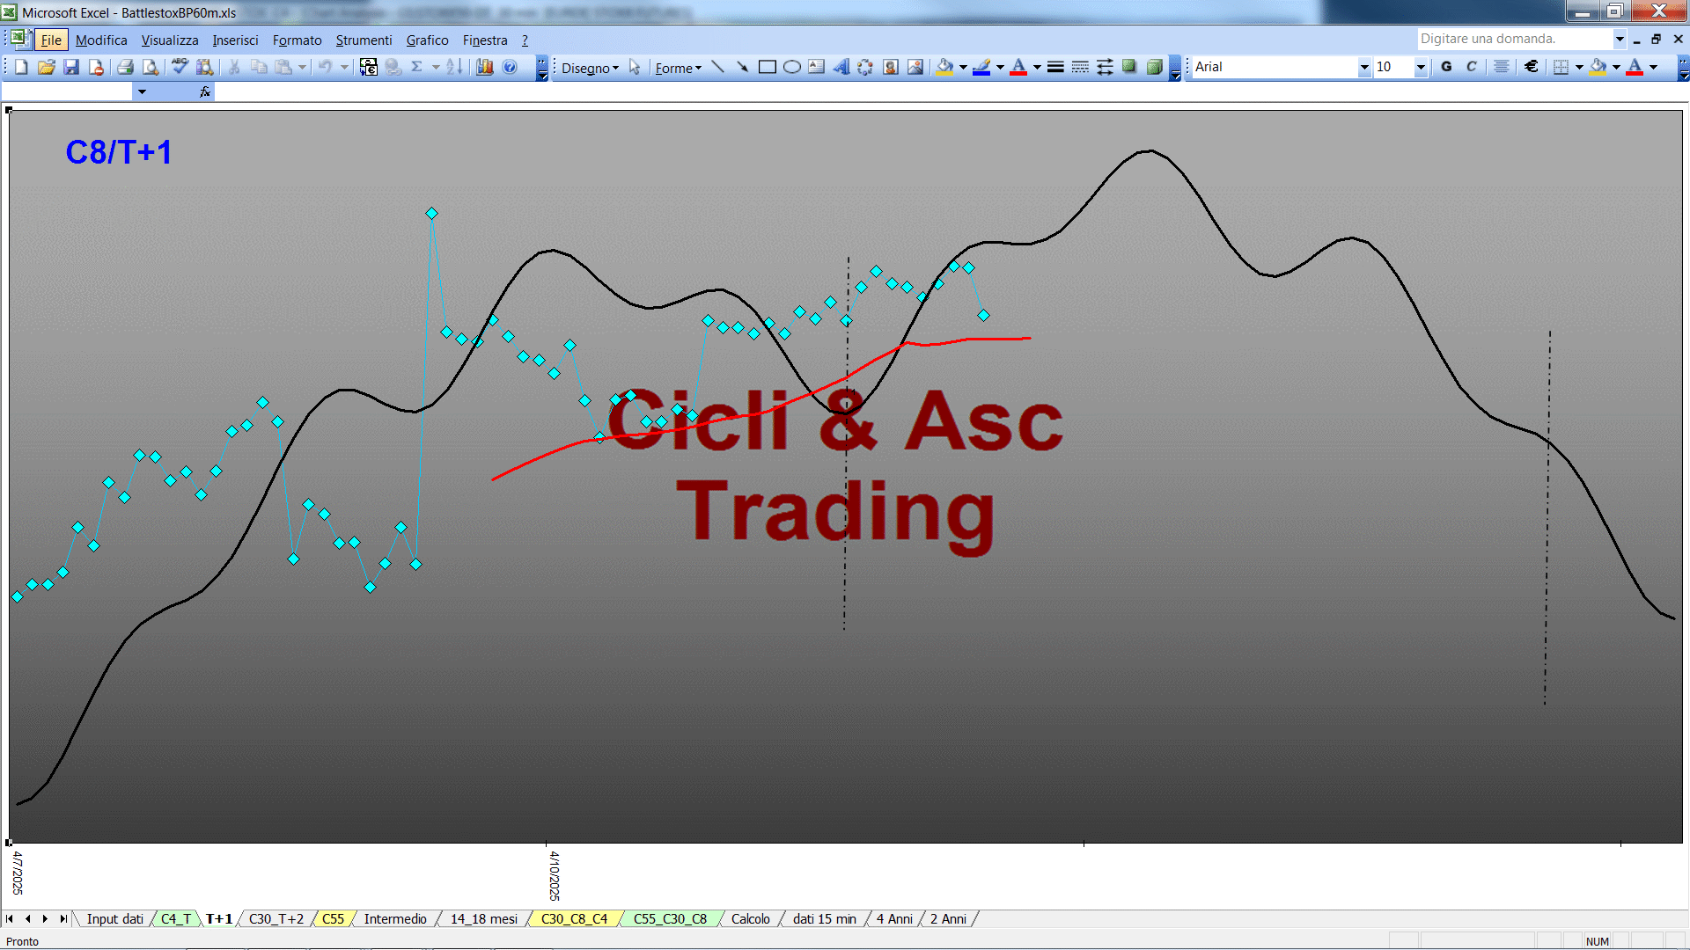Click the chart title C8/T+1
click(x=119, y=152)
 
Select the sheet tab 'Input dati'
click(x=114, y=919)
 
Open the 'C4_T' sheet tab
click(x=176, y=919)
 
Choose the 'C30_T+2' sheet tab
click(x=276, y=919)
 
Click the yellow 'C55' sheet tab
click(x=333, y=919)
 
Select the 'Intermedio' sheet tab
click(x=395, y=919)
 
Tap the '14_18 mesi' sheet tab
click(x=484, y=919)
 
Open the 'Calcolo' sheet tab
click(x=751, y=919)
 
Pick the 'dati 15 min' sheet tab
click(x=825, y=919)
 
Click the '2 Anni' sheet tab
click(x=948, y=919)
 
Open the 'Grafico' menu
click(x=427, y=40)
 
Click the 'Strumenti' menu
click(x=364, y=40)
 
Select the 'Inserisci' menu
click(x=235, y=40)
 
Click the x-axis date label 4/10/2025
click(x=555, y=875)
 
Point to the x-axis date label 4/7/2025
click(x=18, y=873)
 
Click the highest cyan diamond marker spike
click(x=431, y=214)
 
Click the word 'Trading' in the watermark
click(x=835, y=513)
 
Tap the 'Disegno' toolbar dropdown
click(x=590, y=68)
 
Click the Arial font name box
click(x=1275, y=67)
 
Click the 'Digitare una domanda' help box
click(x=1514, y=39)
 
